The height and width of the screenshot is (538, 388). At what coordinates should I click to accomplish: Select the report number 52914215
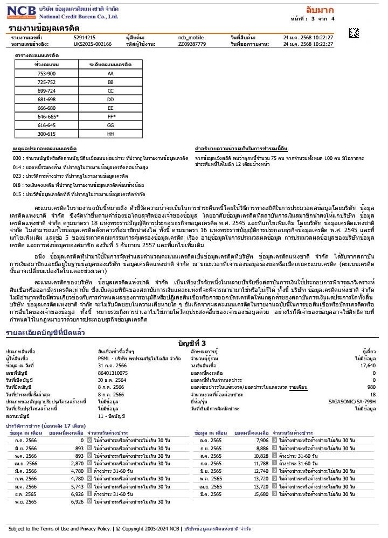[85, 37]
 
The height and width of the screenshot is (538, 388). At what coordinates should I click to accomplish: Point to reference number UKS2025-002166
[93, 44]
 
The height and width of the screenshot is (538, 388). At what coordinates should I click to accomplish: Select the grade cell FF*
[110, 116]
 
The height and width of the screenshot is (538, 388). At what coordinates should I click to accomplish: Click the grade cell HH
[110, 133]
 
